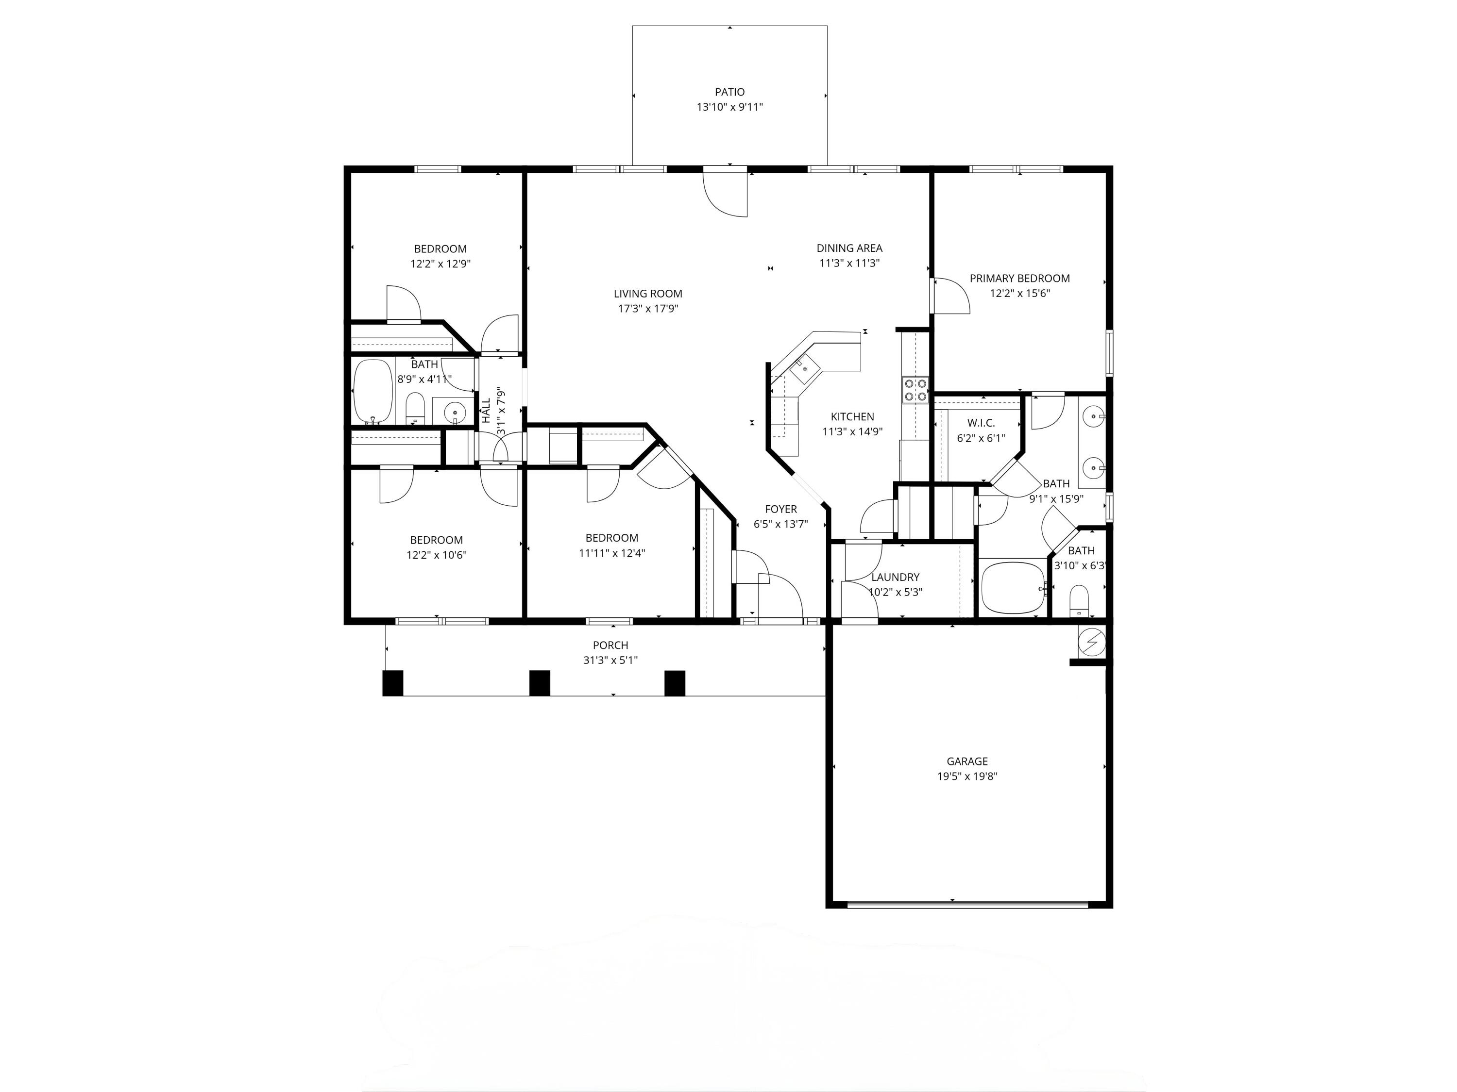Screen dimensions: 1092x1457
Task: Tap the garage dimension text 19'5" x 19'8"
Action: (x=967, y=776)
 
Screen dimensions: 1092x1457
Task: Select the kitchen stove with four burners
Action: (x=915, y=390)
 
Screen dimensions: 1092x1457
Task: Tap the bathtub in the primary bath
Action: (x=1013, y=587)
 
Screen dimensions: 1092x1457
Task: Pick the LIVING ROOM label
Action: (x=647, y=294)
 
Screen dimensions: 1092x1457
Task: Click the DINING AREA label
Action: (x=849, y=248)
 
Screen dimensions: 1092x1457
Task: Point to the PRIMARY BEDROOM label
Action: (x=1019, y=279)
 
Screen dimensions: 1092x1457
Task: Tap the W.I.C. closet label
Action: (x=981, y=423)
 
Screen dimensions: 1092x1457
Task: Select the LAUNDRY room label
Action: (x=895, y=577)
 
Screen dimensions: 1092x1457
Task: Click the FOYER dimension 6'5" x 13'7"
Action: (x=780, y=524)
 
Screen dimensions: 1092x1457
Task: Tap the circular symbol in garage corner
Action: (x=1091, y=641)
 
